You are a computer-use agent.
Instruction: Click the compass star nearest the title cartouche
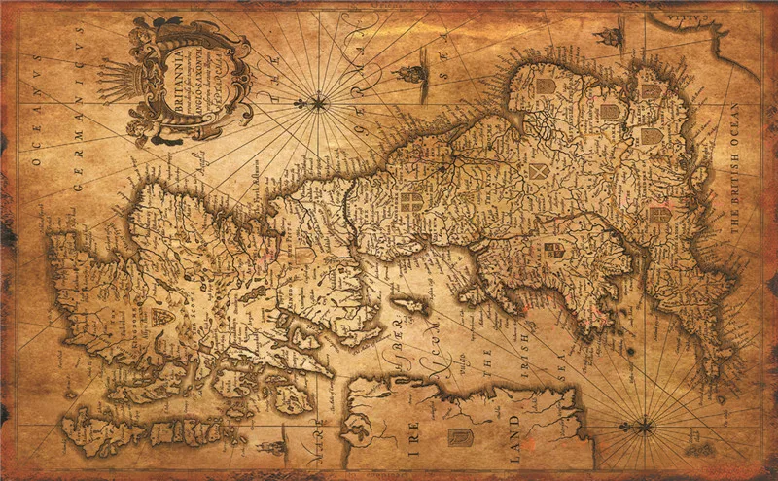(x=317, y=100)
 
